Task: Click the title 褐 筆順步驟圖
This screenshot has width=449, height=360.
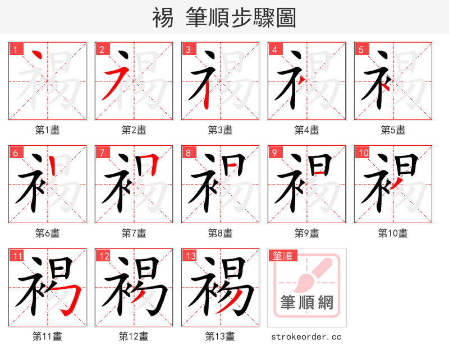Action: pos(224,17)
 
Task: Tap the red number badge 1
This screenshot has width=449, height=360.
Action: pos(15,49)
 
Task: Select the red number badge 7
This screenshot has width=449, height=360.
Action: pos(102,153)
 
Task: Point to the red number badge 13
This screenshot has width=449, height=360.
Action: pos(189,256)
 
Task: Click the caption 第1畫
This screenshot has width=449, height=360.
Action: pos(48,130)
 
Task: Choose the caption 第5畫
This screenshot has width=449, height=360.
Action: pos(393,130)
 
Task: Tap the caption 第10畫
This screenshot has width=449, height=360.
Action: pos(393,233)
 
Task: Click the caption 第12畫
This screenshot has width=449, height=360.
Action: pos(134,336)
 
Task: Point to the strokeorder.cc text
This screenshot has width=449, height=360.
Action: pos(306,336)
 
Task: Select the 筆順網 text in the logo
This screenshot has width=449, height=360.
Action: pos(306,303)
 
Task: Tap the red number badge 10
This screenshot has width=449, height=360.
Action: pos(363,153)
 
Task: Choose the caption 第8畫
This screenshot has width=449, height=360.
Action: pos(220,233)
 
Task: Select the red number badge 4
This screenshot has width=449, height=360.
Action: pos(274,49)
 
